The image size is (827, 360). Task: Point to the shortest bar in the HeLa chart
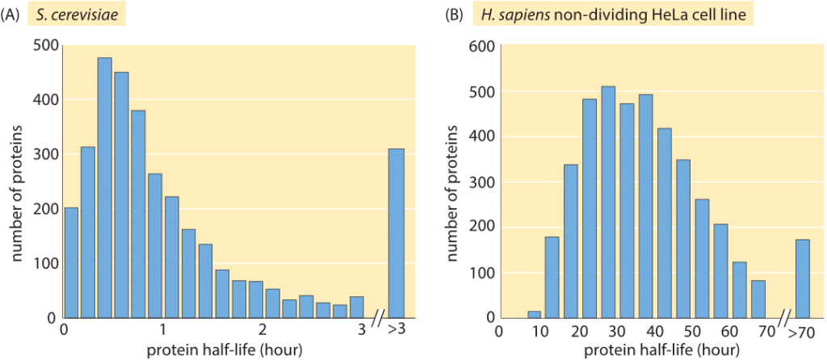click(534, 314)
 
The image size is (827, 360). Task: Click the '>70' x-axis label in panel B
click(803, 330)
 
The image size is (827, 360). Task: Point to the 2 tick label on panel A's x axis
click(262, 330)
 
